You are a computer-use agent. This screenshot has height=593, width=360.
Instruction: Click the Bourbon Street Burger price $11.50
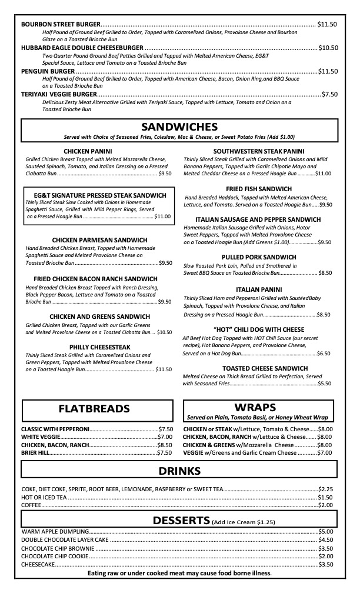327,24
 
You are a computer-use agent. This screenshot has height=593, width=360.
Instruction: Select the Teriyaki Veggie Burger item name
58,94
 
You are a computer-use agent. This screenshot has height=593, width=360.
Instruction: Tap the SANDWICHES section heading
179,127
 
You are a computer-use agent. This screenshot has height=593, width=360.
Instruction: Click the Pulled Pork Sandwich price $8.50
325,273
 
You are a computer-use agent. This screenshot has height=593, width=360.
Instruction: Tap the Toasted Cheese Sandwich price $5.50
325,383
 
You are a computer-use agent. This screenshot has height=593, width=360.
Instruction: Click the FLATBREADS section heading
94,408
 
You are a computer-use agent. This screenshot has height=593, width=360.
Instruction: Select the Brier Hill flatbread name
35,452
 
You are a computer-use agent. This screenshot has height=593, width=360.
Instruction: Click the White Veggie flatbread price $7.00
165,437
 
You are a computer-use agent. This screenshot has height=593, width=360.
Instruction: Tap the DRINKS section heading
179,471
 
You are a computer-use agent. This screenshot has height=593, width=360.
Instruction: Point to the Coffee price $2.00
326,505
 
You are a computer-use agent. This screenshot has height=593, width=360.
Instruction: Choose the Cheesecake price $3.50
326,564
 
